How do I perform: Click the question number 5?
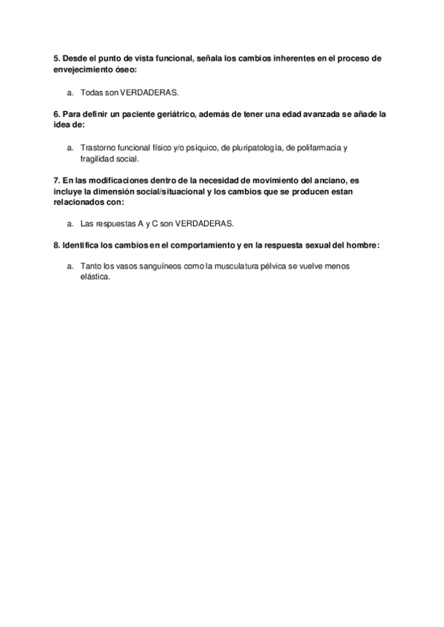click(x=57, y=58)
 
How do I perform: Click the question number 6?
click(x=57, y=115)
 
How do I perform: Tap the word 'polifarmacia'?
click(x=318, y=148)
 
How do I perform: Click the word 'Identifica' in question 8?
click(x=84, y=245)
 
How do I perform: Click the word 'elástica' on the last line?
click(x=93, y=277)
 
